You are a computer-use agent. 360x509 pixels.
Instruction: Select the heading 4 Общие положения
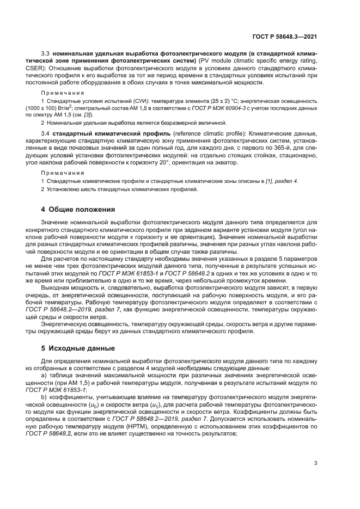pyautogui.click(x=78, y=209)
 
